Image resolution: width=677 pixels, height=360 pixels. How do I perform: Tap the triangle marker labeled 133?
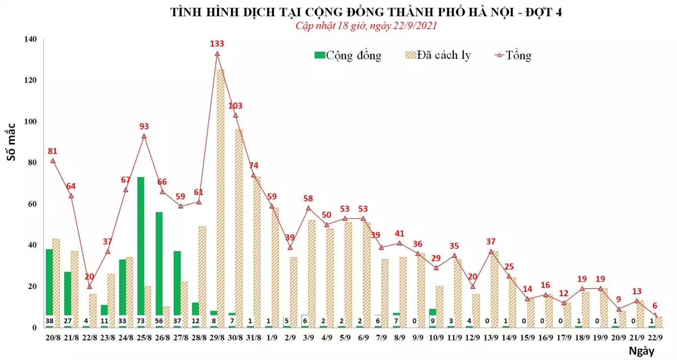pos(217,54)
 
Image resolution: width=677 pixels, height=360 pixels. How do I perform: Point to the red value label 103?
pos(235,106)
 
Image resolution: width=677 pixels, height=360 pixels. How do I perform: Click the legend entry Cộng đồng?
pos(348,55)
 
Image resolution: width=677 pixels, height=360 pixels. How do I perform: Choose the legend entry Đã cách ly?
pos(438,55)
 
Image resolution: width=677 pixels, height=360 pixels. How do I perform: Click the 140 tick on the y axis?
pos(30,39)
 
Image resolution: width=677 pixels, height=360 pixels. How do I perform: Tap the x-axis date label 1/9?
pos(272,338)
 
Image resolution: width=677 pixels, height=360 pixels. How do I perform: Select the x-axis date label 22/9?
pos(655,338)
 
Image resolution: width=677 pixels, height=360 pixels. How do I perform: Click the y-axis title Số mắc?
pos(11,142)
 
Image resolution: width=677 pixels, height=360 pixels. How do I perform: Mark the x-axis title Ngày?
pos(641,351)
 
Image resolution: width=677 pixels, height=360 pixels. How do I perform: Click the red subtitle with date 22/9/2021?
pos(366,26)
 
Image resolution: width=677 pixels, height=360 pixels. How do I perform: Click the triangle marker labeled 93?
pos(144,136)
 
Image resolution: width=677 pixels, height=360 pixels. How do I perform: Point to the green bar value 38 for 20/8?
pos(50,321)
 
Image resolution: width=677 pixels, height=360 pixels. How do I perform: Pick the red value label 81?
pos(52,151)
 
